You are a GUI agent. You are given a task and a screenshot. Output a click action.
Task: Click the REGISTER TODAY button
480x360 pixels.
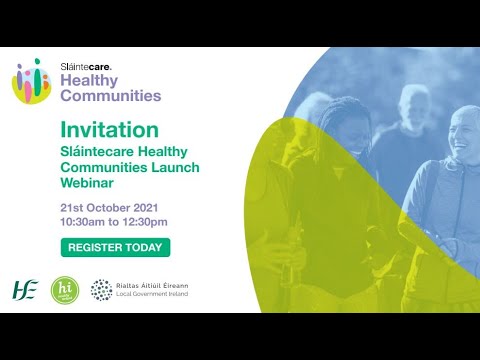tap(115, 247)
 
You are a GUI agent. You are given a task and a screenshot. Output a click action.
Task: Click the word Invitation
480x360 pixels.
tap(109, 130)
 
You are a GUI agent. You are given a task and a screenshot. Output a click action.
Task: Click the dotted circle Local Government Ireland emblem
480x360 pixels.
tap(102, 290)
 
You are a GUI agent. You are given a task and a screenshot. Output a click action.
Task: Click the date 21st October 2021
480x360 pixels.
tap(112, 207)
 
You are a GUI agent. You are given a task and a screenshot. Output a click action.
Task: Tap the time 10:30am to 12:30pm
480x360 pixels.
tap(114, 221)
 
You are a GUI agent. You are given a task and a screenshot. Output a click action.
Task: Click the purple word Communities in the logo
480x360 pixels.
tap(110, 96)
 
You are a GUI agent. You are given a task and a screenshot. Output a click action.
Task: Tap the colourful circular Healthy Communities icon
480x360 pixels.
tap(31, 80)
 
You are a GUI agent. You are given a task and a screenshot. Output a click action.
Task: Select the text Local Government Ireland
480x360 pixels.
tap(161, 296)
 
